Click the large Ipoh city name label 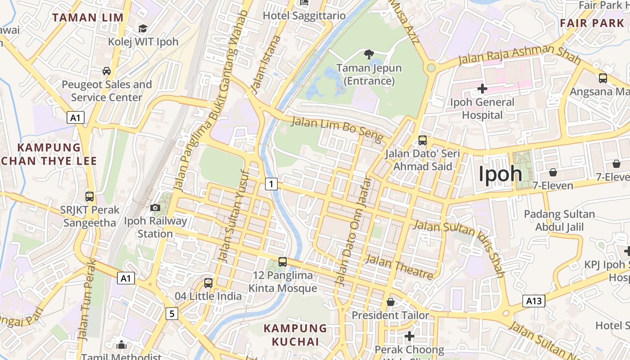(500, 174)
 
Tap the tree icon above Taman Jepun (369, 55)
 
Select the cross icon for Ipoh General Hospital (482, 88)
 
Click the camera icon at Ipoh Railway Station (155, 207)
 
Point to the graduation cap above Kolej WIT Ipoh (143, 29)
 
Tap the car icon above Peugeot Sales (107, 71)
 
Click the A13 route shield (534, 301)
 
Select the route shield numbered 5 (171, 313)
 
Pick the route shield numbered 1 (271, 184)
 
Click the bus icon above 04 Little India (208, 283)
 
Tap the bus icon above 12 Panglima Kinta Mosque (283, 262)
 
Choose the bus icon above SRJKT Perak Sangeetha (90, 197)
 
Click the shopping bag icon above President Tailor (391, 302)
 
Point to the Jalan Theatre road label (400, 267)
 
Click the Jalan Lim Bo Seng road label (337, 129)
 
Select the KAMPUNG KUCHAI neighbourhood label (295, 335)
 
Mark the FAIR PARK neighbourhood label (592, 23)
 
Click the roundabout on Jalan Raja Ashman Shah (431, 68)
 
